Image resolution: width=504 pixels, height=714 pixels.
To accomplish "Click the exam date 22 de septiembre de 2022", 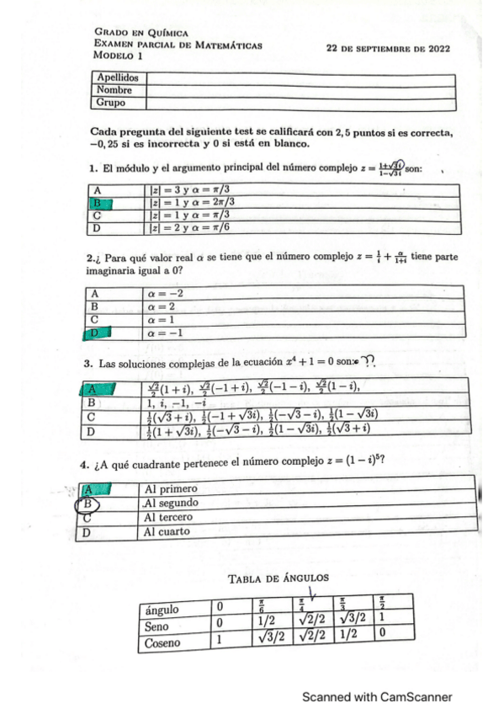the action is [387, 48].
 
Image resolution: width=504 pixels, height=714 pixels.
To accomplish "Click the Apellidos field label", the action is [116, 78].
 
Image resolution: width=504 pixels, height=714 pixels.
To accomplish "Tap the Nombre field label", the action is [114, 90].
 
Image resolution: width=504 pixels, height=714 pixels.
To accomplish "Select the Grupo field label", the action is [111, 103].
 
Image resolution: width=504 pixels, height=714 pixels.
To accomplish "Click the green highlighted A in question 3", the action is [97, 389].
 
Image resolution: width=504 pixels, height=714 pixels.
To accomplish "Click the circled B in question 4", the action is [88, 504].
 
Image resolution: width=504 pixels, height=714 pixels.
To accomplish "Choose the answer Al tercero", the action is [169, 518].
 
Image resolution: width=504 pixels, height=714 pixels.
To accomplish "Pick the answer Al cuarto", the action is [167, 532].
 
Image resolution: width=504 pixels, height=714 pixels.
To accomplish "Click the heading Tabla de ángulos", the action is [278, 578].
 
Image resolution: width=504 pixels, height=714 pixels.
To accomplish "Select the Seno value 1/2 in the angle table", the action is [268, 626].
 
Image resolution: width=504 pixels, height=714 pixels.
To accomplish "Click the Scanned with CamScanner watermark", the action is [377, 697].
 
